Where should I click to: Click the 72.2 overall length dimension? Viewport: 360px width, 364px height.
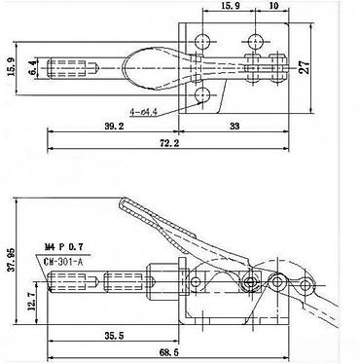tap(170, 142)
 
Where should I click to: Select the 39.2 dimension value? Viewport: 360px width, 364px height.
tap(114, 126)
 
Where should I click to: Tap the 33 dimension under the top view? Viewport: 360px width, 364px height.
tap(234, 126)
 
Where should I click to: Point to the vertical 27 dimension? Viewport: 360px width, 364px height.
tap(305, 68)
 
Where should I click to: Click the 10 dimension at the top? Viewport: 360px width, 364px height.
tap(273, 6)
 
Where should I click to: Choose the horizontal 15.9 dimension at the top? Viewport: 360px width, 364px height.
tap(230, 6)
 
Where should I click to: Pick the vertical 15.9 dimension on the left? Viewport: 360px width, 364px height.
tap(11, 66)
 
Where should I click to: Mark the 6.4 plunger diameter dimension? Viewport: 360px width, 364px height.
tap(32, 68)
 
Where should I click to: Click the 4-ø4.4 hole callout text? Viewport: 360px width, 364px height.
tap(143, 112)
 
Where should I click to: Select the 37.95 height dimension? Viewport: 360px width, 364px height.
tap(11, 261)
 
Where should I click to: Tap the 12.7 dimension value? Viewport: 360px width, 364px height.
tap(32, 302)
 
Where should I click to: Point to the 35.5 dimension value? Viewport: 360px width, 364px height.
tap(114, 335)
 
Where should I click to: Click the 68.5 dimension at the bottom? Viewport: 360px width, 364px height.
tap(169, 352)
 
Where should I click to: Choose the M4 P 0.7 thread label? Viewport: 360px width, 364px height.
tap(63, 247)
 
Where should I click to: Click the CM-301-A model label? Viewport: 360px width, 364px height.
tap(63, 262)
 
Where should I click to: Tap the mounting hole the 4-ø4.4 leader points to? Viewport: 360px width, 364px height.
tap(202, 95)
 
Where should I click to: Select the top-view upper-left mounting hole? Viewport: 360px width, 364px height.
tap(202, 41)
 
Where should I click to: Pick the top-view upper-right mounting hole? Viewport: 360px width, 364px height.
tap(256, 41)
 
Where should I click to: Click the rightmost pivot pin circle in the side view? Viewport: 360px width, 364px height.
tap(306, 285)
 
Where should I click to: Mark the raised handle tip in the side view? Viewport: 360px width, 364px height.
tap(124, 201)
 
